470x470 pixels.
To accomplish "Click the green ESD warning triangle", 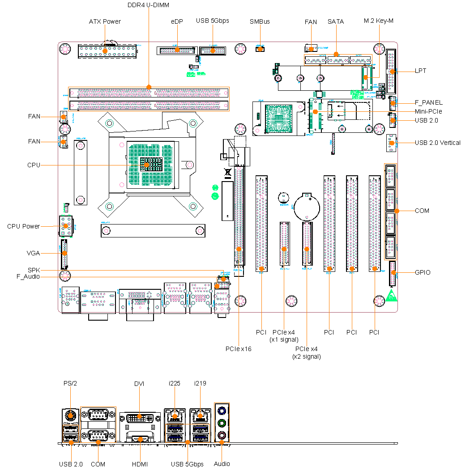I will (391, 296).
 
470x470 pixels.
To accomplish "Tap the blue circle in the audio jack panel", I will (222, 411).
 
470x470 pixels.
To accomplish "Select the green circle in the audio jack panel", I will (222, 423).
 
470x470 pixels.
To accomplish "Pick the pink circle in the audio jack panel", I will (222, 435).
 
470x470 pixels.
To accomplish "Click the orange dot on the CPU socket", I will (146, 165).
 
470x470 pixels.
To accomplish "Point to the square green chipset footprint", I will (278, 119).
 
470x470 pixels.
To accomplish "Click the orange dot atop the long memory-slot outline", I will (149, 87).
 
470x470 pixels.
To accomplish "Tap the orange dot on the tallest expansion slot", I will (239, 249).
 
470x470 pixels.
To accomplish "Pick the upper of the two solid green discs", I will (215, 188).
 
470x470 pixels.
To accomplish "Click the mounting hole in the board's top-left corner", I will (65, 49).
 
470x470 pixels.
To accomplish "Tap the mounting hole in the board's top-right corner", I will (379, 49).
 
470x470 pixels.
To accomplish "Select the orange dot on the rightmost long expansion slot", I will (375, 269).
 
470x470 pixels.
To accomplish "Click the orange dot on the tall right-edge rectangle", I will (397, 211).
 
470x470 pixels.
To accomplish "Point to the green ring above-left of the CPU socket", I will (109, 123).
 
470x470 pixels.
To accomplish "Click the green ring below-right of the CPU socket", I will (193, 206).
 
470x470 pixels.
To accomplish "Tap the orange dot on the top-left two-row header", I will (105, 51).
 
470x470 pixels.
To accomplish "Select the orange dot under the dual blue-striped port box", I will (188, 442).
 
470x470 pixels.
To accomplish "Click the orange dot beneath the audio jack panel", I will (222, 442).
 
